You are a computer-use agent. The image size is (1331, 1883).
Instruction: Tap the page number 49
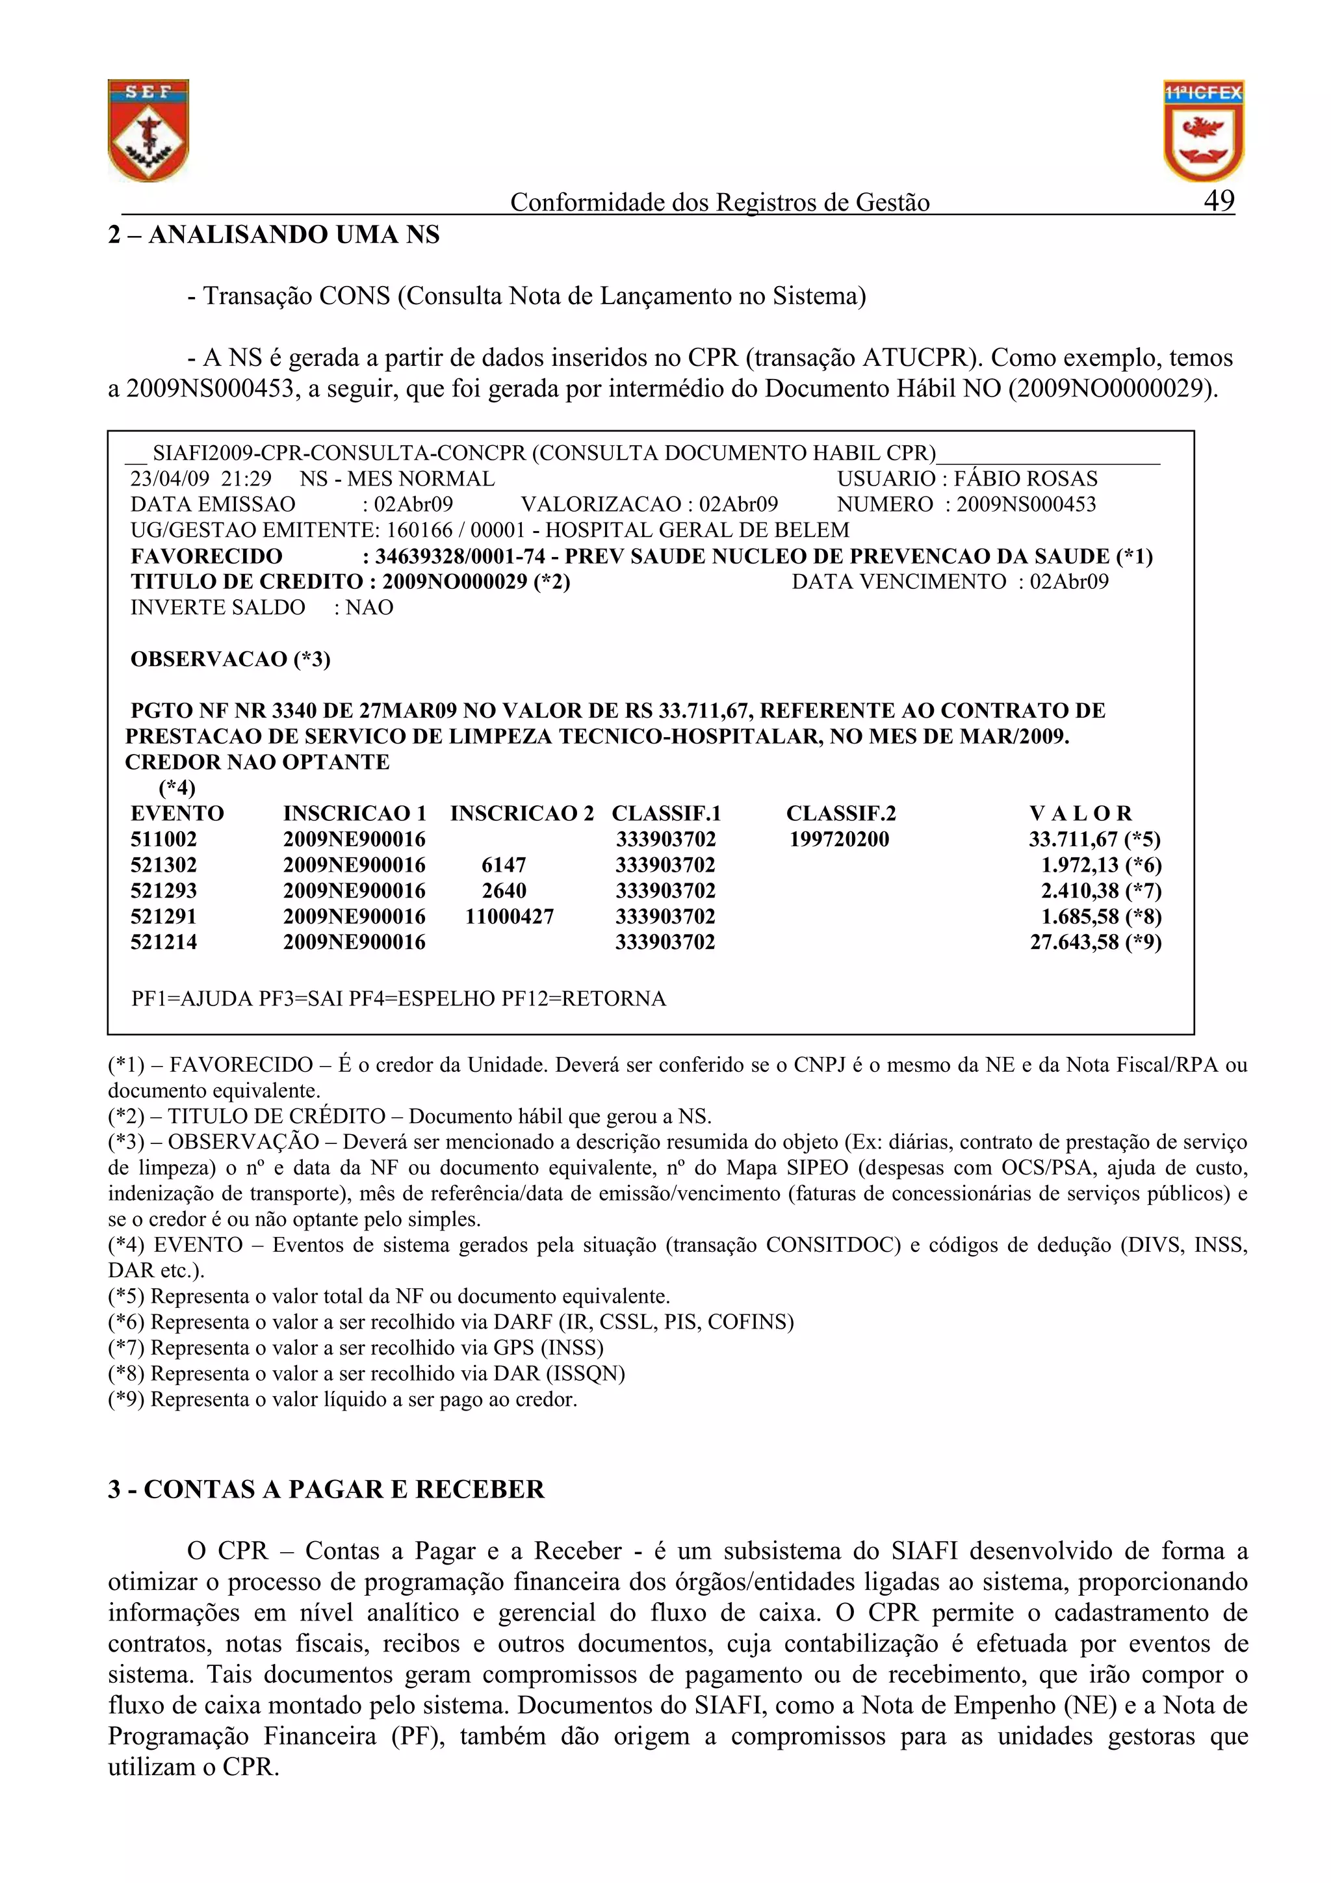tap(1219, 200)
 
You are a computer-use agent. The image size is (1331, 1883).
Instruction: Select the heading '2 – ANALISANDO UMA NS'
tap(274, 235)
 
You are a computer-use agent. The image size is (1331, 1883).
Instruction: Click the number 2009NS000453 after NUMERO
tap(1026, 504)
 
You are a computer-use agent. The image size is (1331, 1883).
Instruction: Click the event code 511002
tap(164, 839)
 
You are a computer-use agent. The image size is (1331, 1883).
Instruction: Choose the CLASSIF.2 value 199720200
tap(839, 839)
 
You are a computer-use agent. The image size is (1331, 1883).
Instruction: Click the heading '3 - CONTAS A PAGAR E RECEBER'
tap(326, 1488)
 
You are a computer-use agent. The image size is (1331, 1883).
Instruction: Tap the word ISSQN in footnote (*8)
tap(583, 1373)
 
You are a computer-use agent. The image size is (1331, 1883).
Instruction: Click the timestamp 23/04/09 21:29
tap(201, 478)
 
